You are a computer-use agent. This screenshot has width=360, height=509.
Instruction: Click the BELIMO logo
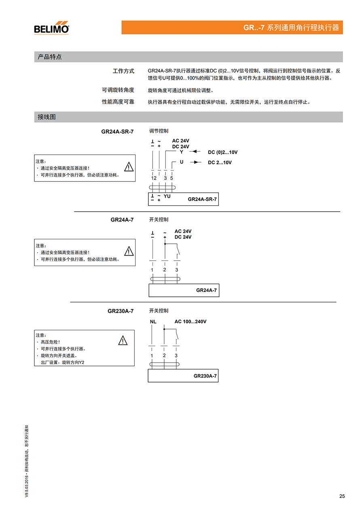coord(51,27)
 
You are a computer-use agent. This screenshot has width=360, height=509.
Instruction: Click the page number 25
coord(342,496)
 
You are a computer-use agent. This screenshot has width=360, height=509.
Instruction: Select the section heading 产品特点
coord(50,57)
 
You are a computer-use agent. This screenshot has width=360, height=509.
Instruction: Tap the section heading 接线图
coord(47,117)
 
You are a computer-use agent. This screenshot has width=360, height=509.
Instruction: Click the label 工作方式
coord(123,71)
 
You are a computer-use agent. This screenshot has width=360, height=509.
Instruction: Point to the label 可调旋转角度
coord(118,90)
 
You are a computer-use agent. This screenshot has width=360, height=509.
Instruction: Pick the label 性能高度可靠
coord(118,102)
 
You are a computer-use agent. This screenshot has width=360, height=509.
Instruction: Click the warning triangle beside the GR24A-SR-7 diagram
coord(128,167)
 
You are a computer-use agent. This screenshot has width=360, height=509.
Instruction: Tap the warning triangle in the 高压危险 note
coord(123,341)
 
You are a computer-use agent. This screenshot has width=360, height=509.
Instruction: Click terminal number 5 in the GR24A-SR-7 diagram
coord(172,178)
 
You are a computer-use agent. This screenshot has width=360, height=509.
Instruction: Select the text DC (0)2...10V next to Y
coord(222,152)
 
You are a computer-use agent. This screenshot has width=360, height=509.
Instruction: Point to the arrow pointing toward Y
coord(195,152)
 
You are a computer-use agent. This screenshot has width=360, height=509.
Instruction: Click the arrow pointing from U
coord(196,162)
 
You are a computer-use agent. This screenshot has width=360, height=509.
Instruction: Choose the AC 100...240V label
coord(191,322)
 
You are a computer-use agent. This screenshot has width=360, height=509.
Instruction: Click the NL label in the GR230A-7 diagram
coord(153,322)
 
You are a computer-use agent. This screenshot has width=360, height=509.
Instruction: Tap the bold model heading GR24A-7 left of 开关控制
coord(122,220)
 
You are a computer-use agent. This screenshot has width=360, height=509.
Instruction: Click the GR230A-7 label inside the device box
coord(205,376)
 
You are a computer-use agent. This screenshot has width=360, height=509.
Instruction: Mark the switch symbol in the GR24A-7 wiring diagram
coord(178,250)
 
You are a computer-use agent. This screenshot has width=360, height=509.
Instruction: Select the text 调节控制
coord(159,131)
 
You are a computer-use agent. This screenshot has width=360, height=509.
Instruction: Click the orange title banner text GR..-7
coord(254,28)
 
